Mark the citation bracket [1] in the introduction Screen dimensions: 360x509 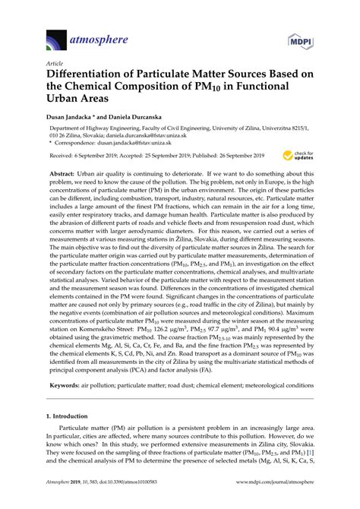pos(310,454)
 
